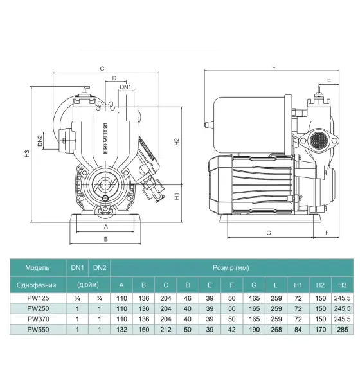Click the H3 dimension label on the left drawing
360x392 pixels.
tap(27, 154)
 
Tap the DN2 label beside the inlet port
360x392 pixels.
tap(40, 140)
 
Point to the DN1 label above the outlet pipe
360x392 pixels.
tap(125, 87)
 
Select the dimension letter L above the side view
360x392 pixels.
tap(274, 66)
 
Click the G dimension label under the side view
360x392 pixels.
tap(269, 233)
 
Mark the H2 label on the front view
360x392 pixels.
tap(177, 141)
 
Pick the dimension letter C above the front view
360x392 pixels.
tap(102, 69)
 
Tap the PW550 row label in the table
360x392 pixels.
tap(38, 329)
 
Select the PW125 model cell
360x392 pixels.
tap(38, 298)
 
